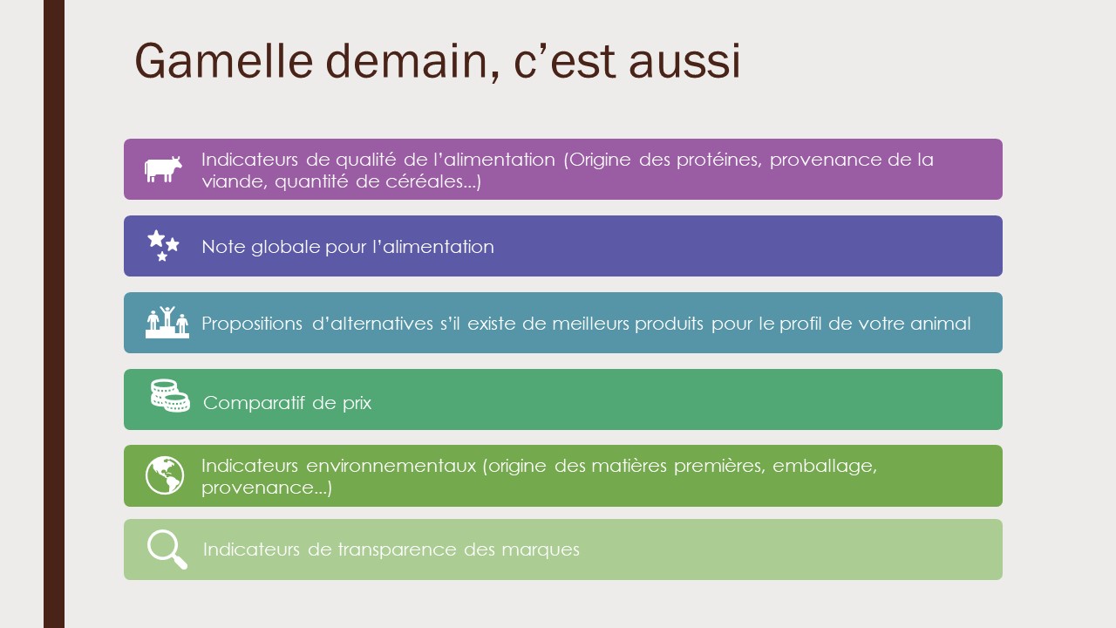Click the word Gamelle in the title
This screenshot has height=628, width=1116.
coord(224,61)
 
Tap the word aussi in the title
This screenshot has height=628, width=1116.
coord(684,61)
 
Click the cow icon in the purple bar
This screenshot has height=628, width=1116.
coord(163,169)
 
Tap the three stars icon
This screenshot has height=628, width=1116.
coord(163,246)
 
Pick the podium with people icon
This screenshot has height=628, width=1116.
coord(167,323)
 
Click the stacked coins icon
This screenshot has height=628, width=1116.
coord(170,396)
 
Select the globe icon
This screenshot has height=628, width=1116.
coord(165,475)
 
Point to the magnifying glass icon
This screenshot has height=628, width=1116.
coord(167,549)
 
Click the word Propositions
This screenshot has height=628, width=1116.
coord(252,324)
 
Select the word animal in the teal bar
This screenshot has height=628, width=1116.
coord(941,324)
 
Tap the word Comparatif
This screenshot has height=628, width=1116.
coord(254,403)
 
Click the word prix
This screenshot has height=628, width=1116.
coord(357,403)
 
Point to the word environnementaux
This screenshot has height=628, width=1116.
coord(391,466)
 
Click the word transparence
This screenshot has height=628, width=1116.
coord(397,549)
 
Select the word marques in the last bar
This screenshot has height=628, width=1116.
coord(541,550)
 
